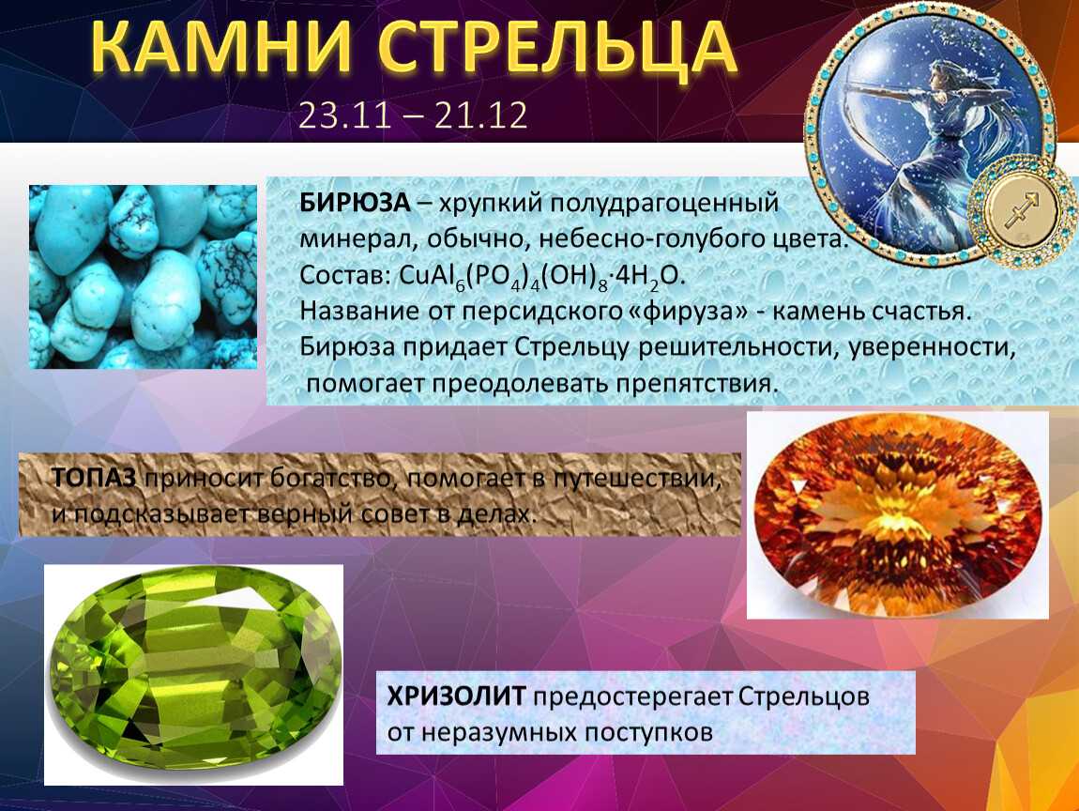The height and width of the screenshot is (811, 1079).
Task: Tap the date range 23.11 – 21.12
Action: (413, 115)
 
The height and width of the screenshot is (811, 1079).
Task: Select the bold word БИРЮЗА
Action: (355, 203)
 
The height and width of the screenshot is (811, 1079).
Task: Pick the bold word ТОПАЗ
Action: (94, 477)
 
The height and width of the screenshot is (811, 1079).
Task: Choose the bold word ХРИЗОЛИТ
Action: (457, 696)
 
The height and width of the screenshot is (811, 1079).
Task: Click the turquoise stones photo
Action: (144, 277)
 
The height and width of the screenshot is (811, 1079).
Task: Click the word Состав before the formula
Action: (345, 275)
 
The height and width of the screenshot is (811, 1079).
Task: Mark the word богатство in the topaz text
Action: (333, 479)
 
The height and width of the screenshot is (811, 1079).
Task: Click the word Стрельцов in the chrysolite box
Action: (804, 696)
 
